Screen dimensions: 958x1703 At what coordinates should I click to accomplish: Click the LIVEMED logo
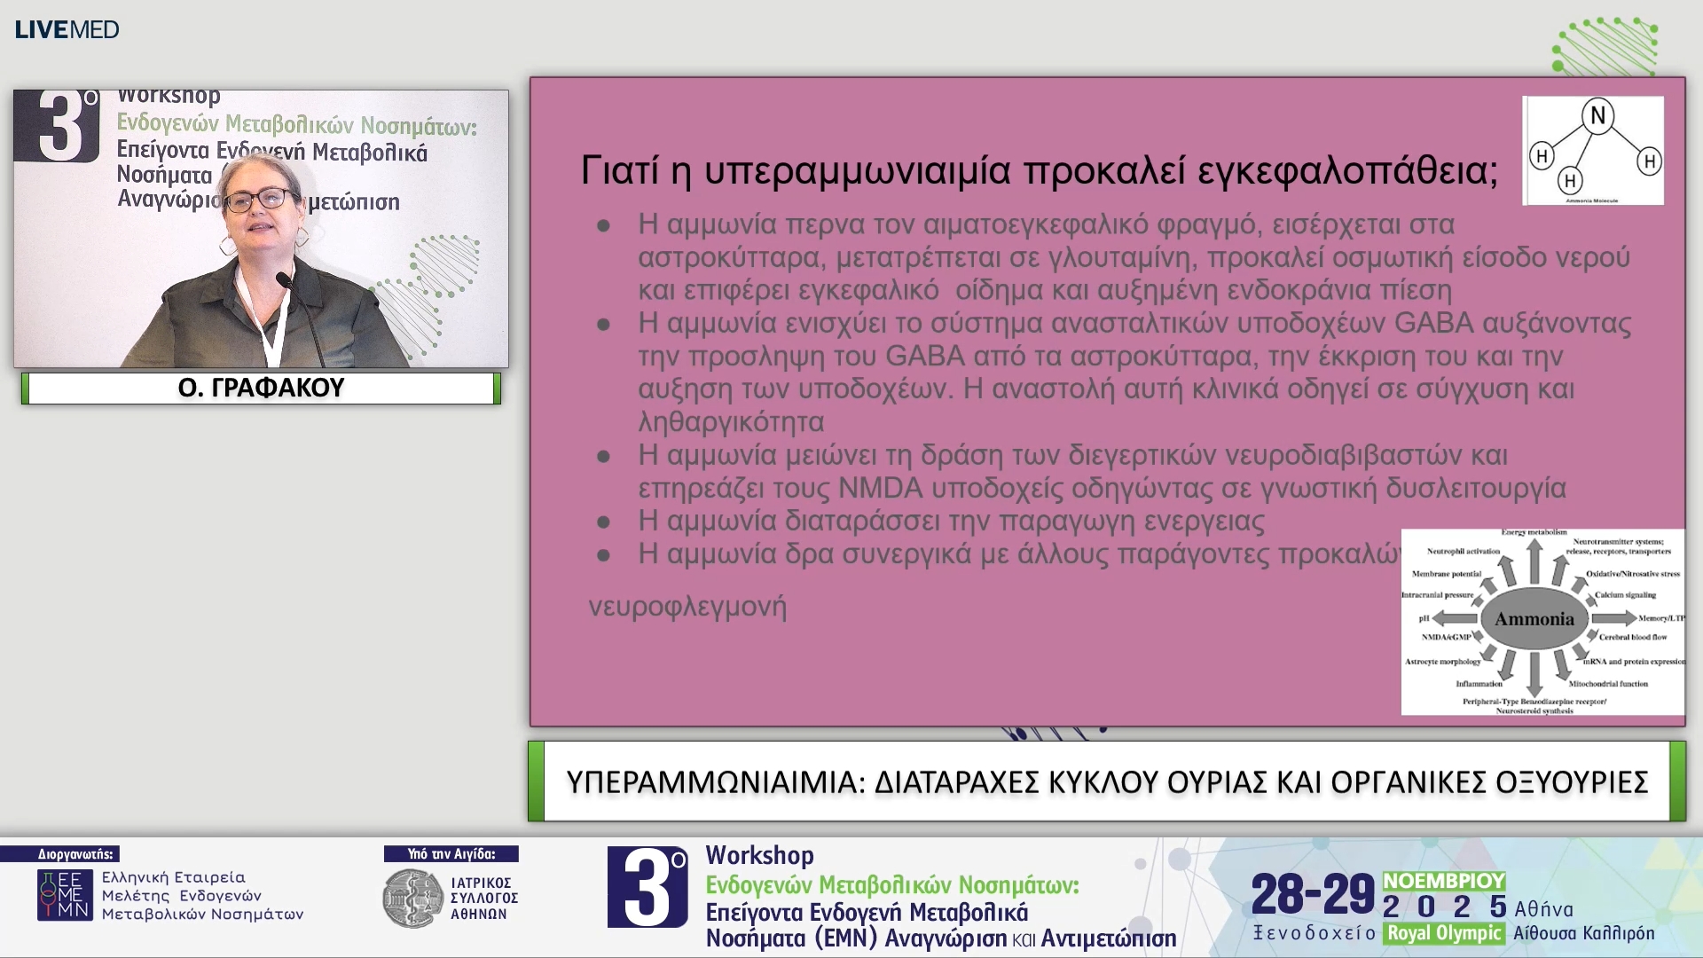pyautogui.click(x=67, y=29)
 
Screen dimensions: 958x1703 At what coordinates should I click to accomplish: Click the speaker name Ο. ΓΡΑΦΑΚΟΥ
pyautogui.click(x=261, y=388)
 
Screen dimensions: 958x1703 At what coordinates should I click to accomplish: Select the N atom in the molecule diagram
pyautogui.click(x=1597, y=115)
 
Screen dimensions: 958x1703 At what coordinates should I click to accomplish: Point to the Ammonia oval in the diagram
pyautogui.click(x=1534, y=619)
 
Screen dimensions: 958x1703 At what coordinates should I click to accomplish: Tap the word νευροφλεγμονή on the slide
pyautogui.click(x=687, y=607)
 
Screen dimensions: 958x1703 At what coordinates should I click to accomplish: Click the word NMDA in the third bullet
pyautogui.click(x=880, y=488)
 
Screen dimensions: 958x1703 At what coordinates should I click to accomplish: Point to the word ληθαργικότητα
pyautogui.click(x=731, y=422)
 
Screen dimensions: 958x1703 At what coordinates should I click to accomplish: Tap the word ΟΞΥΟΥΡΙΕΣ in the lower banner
pyautogui.click(x=1572, y=781)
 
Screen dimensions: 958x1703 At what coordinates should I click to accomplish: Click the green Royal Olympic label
pyautogui.click(x=1444, y=933)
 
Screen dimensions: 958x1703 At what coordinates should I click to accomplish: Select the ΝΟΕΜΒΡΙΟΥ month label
pyautogui.click(x=1444, y=881)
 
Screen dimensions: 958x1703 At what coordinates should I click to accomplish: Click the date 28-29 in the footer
pyautogui.click(x=1313, y=894)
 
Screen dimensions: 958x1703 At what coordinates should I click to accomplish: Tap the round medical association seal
pyautogui.click(x=412, y=899)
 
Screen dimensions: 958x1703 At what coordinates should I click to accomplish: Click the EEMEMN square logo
pyautogui.click(x=65, y=895)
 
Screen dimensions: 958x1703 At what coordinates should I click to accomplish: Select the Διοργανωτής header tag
pyautogui.click(x=75, y=854)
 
